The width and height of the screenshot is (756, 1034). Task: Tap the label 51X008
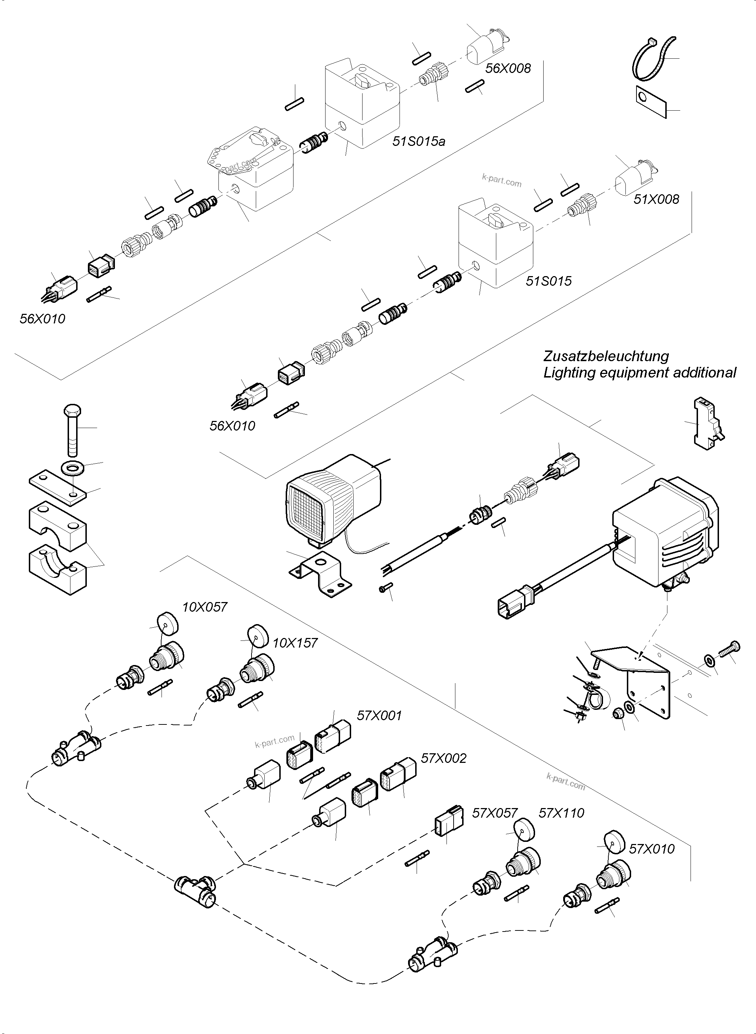click(656, 199)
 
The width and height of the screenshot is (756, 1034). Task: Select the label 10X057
click(205, 607)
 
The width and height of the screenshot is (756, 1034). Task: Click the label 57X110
click(561, 813)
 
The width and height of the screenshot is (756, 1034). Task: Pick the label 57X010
click(652, 849)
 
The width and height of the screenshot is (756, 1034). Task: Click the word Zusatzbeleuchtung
click(606, 356)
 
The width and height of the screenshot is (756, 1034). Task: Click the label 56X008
click(508, 69)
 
